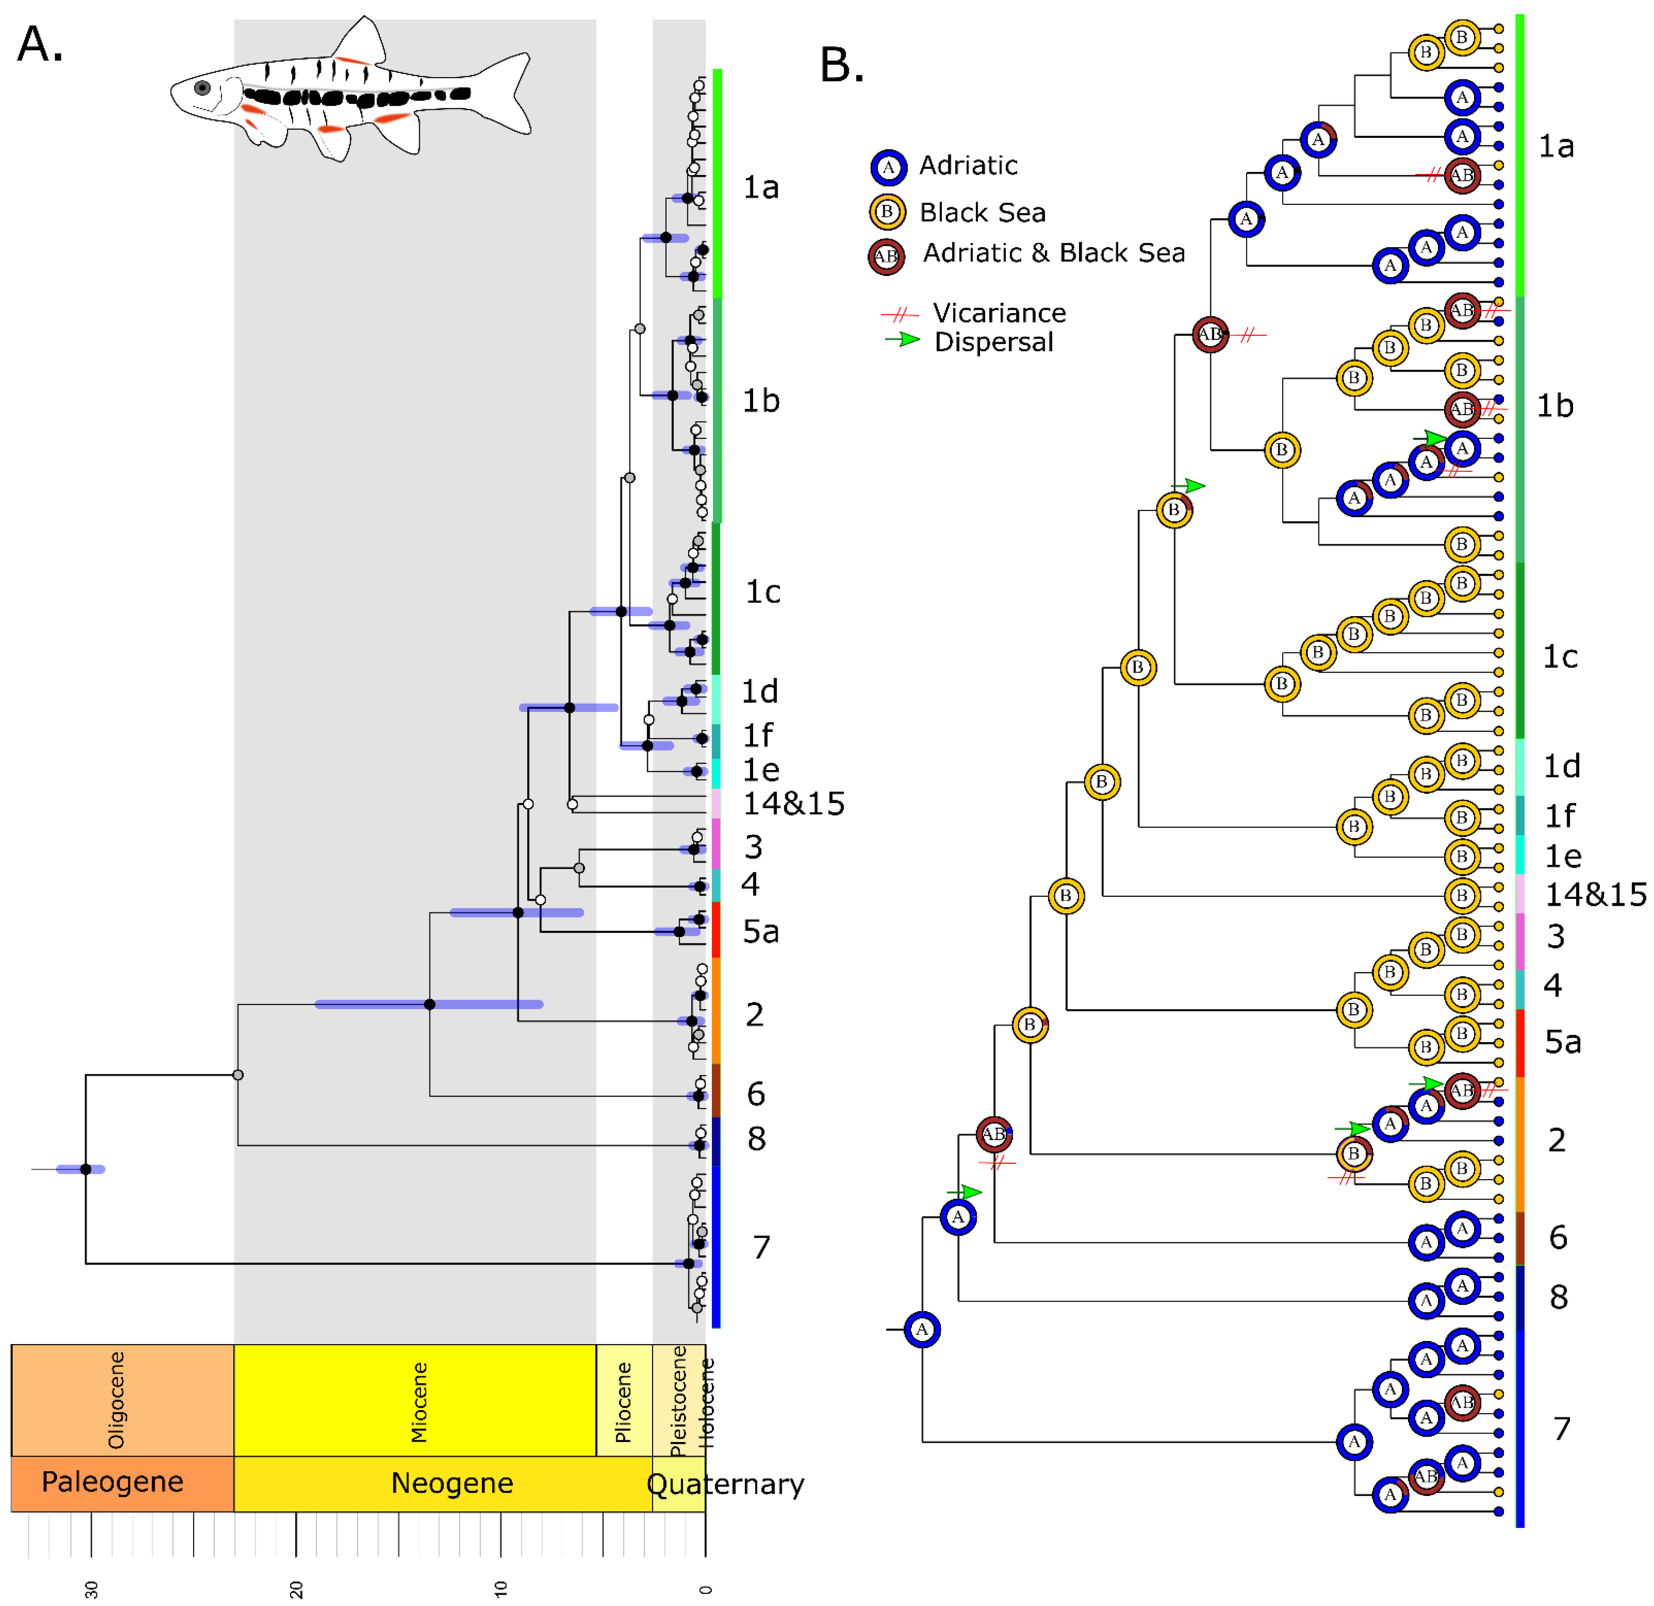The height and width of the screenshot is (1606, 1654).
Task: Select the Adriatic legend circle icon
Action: tap(888, 167)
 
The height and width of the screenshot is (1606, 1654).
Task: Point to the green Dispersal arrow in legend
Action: tap(902, 340)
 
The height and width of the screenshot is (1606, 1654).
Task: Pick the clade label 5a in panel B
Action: tap(1562, 1042)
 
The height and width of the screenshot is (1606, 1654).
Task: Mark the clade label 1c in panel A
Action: tap(762, 592)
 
